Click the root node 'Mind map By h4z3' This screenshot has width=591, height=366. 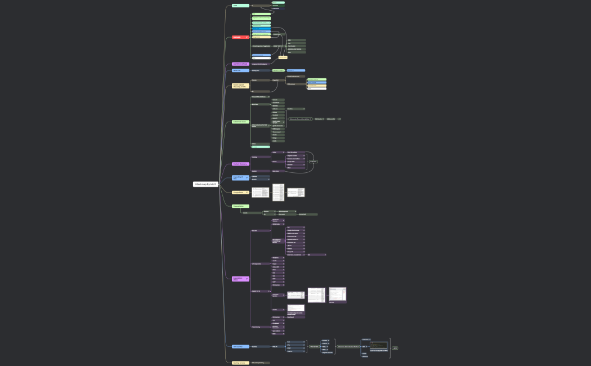pos(205,184)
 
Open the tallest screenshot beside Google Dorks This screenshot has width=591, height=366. pos(279,192)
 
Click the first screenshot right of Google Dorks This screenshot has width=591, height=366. pos(260,192)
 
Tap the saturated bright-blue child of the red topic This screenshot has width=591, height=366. pos(261,31)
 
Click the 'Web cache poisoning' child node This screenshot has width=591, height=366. pos(260,363)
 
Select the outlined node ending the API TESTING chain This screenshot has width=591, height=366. pos(395,348)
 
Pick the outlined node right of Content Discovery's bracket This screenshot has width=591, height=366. pos(314,162)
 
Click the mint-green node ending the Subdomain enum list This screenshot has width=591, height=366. pos(260,147)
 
